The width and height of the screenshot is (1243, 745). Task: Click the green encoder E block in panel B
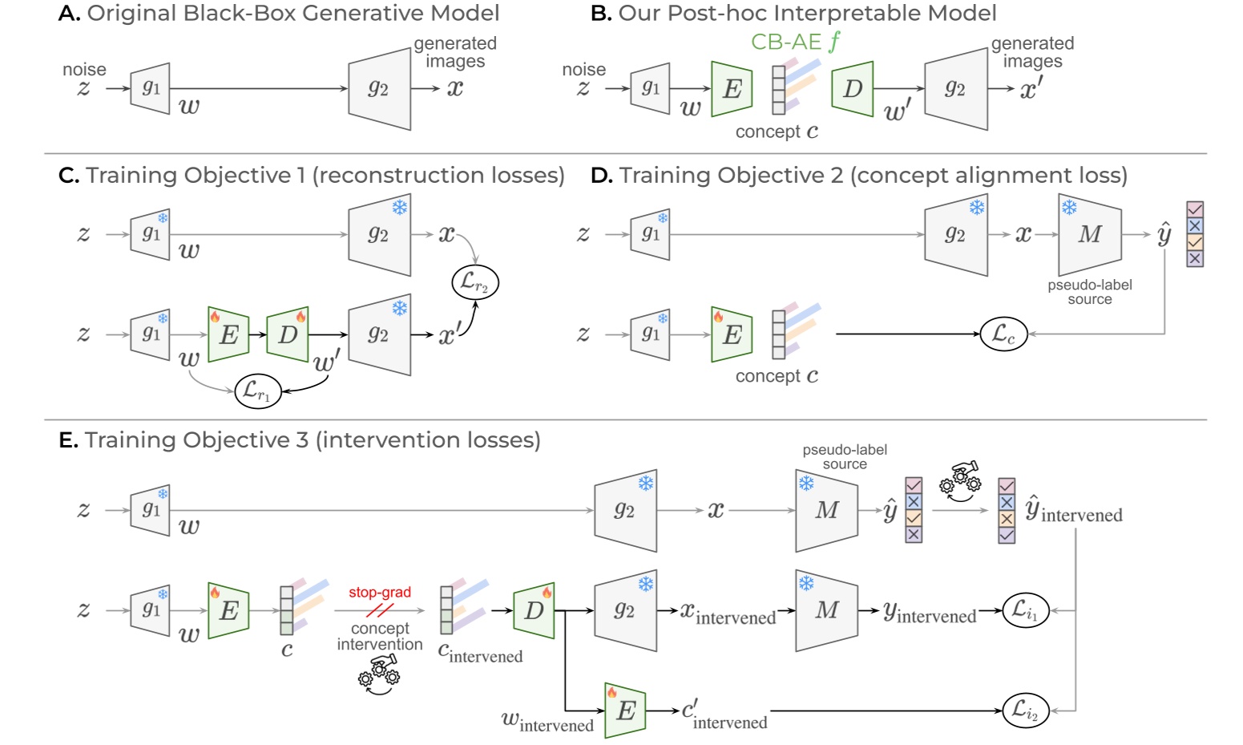(x=732, y=89)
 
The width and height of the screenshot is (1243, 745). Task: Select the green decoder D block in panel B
(x=852, y=89)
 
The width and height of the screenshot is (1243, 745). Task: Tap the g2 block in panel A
(x=379, y=89)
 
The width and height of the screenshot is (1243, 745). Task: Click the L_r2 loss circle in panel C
(x=474, y=282)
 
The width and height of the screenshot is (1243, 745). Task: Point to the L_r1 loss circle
(x=257, y=391)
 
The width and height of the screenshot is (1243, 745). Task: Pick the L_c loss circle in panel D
(x=1003, y=334)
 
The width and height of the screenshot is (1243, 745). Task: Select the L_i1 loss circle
(x=1025, y=611)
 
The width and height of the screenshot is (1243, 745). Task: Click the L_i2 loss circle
(x=1025, y=711)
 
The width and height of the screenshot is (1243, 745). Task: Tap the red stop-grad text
(x=379, y=593)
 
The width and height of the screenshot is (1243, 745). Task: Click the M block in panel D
(x=1089, y=234)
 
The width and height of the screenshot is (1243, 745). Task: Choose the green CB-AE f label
(x=796, y=42)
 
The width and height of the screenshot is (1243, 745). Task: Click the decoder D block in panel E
(x=534, y=611)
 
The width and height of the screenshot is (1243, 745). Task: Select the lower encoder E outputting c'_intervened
(x=625, y=711)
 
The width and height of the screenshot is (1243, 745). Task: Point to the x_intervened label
(x=728, y=613)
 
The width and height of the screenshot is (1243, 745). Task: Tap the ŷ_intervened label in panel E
(x=1074, y=511)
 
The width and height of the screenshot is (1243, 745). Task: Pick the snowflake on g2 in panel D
(x=976, y=208)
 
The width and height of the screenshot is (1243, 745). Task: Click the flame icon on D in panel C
(x=301, y=317)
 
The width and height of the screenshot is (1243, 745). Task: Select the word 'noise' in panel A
(x=84, y=70)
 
